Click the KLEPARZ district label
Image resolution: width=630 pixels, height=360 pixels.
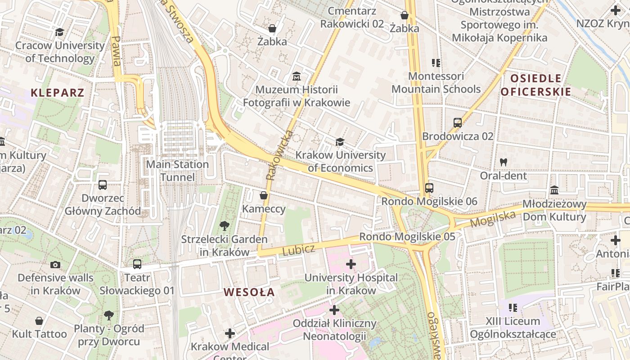[x=57, y=93]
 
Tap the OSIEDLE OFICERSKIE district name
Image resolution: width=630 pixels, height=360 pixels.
[x=535, y=85]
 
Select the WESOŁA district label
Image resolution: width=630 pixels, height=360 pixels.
[x=249, y=292]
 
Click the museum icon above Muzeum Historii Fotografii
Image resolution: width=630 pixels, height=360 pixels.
[x=297, y=76]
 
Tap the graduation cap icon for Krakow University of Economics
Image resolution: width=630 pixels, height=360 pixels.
[x=340, y=142]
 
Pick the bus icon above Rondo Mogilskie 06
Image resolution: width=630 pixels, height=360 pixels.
[x=429, y=188]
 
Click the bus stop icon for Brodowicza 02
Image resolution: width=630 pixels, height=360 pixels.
[x=457, y=123]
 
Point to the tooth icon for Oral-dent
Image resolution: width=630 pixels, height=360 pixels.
[x=503, y=162]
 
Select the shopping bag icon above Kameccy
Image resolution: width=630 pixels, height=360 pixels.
[x=264, y=196]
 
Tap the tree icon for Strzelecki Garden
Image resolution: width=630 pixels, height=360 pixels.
[x=224, y=226]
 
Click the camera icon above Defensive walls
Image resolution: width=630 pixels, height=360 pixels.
[x=55, y=265]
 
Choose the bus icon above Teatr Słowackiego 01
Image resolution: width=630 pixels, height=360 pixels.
[x=137, y=264]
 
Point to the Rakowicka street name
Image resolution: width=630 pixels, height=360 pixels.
[x=279, y=155]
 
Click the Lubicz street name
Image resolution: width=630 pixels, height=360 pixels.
[x=298, y=250]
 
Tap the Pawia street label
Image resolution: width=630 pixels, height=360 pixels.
[x=116, y=50]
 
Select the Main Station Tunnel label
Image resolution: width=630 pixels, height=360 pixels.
[x=177, y=171]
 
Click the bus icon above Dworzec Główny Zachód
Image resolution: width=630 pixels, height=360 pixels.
[x=102, y=185]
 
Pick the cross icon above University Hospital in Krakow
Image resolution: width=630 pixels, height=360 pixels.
[x=351, y=264]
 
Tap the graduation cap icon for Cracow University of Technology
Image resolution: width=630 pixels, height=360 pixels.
[x=59, y=32]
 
